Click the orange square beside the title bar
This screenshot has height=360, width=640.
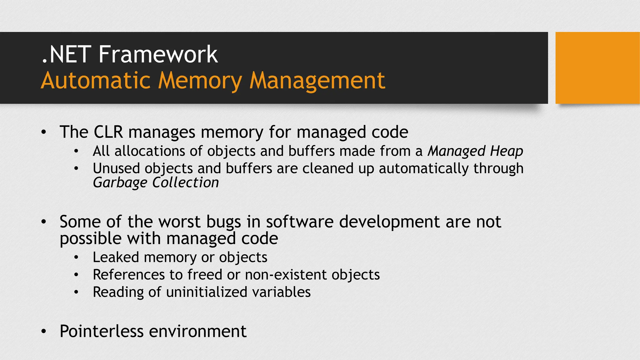[x=597, y=68]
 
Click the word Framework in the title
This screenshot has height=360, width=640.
[x=158, y=54]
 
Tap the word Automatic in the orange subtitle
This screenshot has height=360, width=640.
[x=96, y=81]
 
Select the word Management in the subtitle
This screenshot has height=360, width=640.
[x=317, y=81]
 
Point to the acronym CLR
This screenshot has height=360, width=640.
[x=108, y=132]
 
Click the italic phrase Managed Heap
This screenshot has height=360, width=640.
[x=475, y=151]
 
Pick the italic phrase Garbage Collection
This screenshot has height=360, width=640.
[x=156, y=182]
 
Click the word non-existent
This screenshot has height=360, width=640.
[x=286, y=275]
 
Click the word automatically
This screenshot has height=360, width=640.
[x=423, y=169]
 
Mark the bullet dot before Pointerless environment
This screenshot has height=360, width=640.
[x=44, y=332]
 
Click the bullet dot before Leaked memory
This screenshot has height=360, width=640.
[x=76, y=258]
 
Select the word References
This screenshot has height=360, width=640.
[x=129, y=275]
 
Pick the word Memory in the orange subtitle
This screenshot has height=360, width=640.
[x=200, y=81]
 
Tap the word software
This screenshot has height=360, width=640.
[x=300, y=222]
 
